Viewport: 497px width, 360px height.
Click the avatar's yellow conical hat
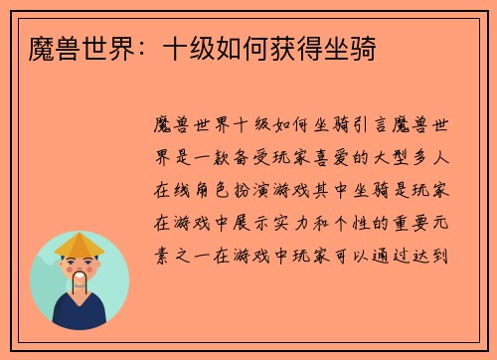click(x=80, y=245)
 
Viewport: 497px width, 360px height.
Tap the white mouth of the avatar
click(x=80, y=280)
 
